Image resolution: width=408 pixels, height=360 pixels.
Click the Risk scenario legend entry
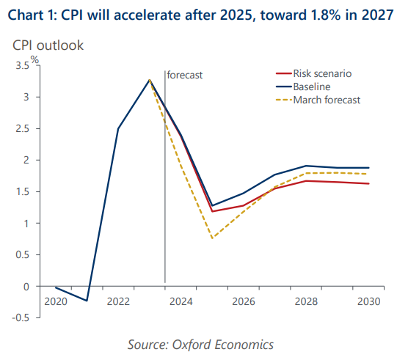tap(313, 73)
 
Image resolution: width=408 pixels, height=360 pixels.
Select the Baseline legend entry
tap(303, 87)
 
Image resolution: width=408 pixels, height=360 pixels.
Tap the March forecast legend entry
tap(318, 100)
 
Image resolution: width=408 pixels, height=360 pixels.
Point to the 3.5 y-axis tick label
tap(22, 65)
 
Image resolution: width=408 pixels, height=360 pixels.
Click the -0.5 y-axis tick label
tap(21, 317)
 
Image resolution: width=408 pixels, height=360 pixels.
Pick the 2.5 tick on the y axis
tap(22, 128)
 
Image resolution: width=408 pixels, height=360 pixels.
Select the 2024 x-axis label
tap(181, 301)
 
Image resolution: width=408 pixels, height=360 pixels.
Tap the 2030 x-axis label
tap(368, 301)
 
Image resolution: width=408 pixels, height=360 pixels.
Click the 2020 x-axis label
tap(56, 301)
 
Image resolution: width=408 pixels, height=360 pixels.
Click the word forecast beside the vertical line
tap(185, 75)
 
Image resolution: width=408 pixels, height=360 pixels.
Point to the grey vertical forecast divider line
tap(165, 177)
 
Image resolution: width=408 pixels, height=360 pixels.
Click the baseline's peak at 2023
tap(150, 80)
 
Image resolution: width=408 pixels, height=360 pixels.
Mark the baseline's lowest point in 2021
tap(87, 301)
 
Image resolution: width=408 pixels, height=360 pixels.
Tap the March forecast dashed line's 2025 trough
tap(212, 238)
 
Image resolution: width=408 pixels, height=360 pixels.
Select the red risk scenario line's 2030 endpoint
tap(368, 183)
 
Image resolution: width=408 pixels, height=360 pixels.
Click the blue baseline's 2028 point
tap(306, 166)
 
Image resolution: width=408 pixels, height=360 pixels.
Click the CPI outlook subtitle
tap(48, 45)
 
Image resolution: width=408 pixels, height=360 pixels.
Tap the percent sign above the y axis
tap(34, 60)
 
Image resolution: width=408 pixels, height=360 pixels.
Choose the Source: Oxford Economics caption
tap(200, 345)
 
